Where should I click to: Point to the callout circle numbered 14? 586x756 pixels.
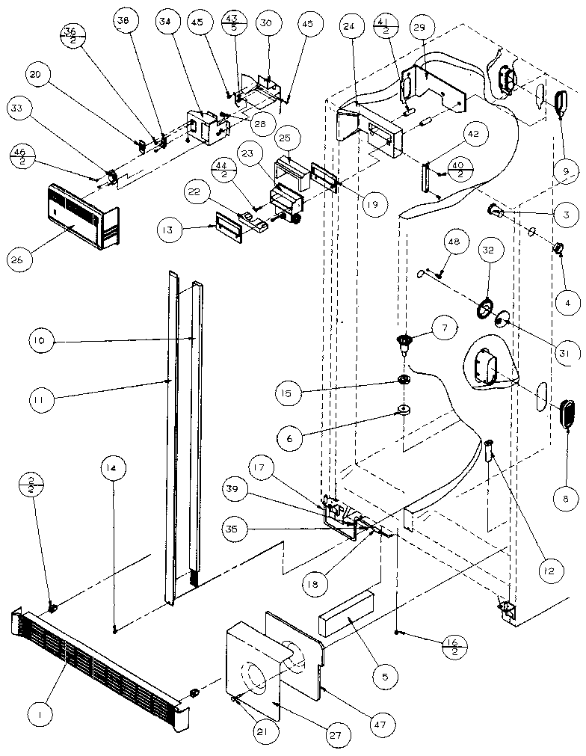point(112,470)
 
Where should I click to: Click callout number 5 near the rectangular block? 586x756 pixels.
point(386,677)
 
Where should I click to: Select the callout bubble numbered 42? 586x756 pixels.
point(475,135)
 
